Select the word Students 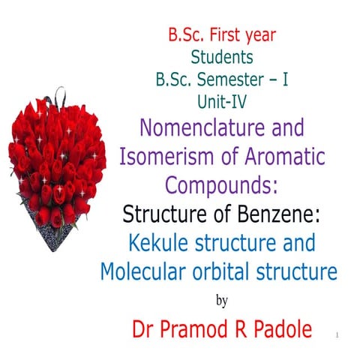click(221, 57)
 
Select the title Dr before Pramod click(145, 330)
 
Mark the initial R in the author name click(245, 330)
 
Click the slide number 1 click(339, 334)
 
